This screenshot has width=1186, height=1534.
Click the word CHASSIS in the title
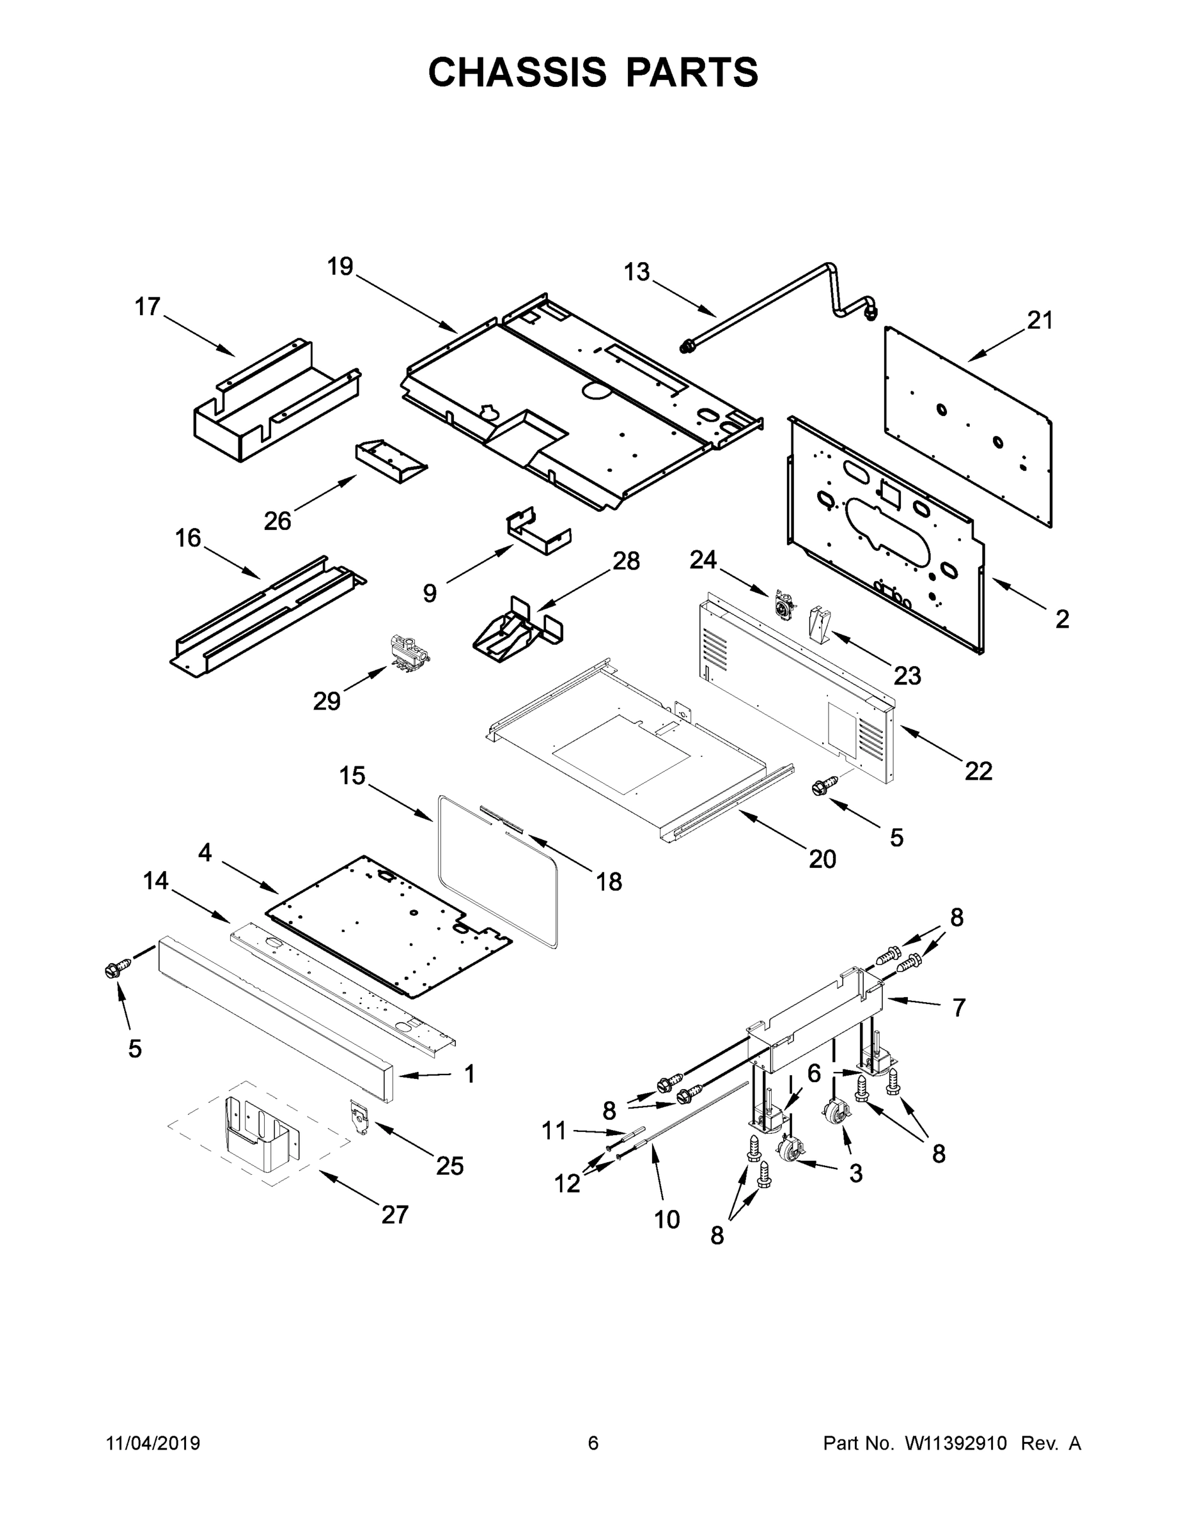[x=517, y=72]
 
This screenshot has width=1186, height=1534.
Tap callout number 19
[x=340, y=267]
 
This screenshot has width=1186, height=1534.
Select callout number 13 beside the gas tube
[x=637, y=272]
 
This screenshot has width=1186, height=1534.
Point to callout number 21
[x=1040, y=321]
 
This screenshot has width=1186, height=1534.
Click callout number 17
[x=148, y=307]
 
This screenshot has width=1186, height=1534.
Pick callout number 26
[x=277, y=521]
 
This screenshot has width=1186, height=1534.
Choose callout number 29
[x=327, y=701]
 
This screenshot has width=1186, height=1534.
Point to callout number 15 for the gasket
[x=353, y=776]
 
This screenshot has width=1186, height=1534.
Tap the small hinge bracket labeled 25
[x=359, y=1116]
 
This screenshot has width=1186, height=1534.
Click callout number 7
[x=959, y=1008]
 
